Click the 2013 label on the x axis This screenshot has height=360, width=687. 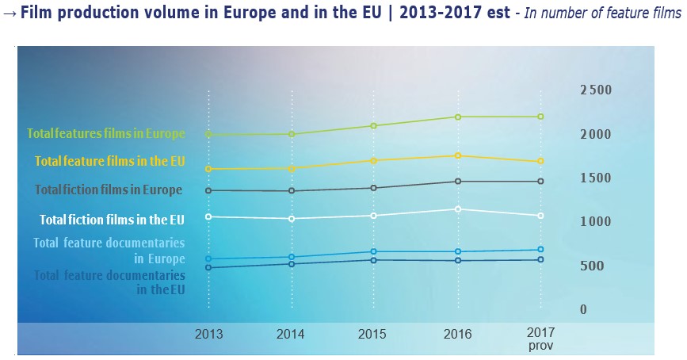(209, 334)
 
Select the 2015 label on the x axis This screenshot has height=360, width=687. (373, 334)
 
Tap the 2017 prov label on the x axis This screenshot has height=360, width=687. (540, 339)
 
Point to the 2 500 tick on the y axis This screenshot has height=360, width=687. (595, 90)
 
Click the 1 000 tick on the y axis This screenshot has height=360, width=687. (595, 221)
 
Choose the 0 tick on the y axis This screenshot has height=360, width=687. (583, 309)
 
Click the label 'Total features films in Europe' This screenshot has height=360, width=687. (106, 133)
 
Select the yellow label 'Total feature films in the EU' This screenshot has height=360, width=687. (110, 161)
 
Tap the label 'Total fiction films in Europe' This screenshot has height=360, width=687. (109, 190)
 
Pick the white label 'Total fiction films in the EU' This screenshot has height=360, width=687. (113, 219)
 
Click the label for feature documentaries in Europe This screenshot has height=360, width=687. (109, 250)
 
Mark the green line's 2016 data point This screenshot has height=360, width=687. (457, 117)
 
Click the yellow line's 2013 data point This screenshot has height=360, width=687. (209, 169)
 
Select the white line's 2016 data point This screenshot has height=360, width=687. (457, 209)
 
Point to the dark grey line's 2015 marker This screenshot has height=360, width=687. (373, 188)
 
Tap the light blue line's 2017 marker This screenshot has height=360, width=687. (540, 250)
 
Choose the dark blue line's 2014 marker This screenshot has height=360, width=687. (292, 263)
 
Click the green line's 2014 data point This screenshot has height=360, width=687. (292, 134)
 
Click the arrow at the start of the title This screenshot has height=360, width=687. (9, 16)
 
